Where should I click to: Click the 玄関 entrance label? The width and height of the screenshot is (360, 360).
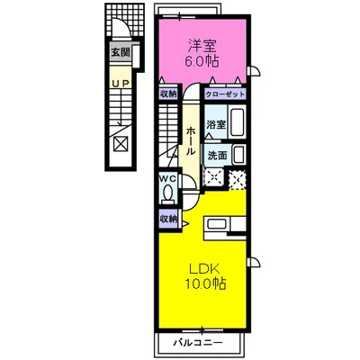[121, 53]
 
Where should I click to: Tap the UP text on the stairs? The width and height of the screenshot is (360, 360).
[121, 84]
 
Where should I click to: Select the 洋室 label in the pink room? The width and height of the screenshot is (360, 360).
[202, 46]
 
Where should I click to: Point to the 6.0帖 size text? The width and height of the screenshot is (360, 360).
[202, 61]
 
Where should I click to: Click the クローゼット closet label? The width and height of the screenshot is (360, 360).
[225, 94]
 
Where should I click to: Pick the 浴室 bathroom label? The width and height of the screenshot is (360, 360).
[216, 124]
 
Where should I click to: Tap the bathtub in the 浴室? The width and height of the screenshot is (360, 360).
[237, 121]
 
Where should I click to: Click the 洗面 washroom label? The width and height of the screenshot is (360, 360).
[217, 156]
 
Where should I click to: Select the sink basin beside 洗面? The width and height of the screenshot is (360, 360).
[238, 155]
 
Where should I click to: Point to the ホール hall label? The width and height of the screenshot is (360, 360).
[190, 141]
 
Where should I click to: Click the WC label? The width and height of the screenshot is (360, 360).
[168, 179]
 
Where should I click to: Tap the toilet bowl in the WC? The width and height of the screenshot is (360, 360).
[168, 192]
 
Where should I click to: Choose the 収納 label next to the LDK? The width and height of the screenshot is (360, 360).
[168, 220]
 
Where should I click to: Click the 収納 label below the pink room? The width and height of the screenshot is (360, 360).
[168, 94]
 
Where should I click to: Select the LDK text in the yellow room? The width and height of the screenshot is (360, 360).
[204, 268]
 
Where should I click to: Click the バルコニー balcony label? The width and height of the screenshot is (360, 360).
[198, 342]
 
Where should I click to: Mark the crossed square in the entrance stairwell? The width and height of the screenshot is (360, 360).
[121, 143]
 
